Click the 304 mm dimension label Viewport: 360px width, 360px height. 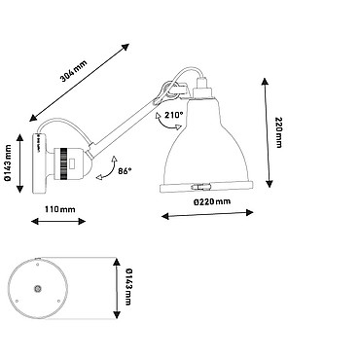(x=74, y=71)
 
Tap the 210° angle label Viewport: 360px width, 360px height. (x=174, y=115)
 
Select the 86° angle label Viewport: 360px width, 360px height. (x=125, y=171)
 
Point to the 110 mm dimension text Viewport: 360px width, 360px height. (x=59, y=209)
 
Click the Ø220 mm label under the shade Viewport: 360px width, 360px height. (x=212, y=201)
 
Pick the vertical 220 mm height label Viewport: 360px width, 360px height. (x=278, y=132)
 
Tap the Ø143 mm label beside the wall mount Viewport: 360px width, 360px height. (x=8, y=163)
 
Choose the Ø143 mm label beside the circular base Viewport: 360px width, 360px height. (x=128, y=287)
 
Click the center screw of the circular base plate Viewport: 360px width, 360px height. (x=38, y=288)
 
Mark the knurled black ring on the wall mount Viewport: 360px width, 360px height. (x=64, y=163)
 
